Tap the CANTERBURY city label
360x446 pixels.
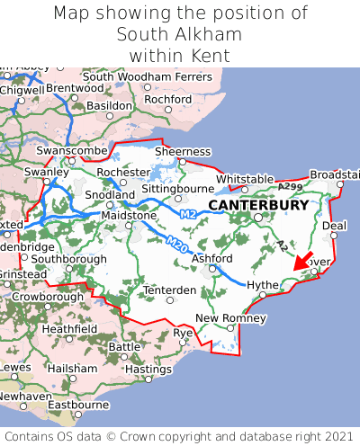(x=258, y=205)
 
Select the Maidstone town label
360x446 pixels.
(x=130, y=216)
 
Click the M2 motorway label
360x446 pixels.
(x=188, y=214)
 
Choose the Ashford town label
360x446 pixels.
(x=212, y=259)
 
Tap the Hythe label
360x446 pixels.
(x=263, y=284)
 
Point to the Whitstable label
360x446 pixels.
(x=244, y=179)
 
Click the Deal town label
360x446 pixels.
(x=334, y=226)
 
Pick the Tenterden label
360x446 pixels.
(x=169, y=290)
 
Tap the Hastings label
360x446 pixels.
(x=148, y=369)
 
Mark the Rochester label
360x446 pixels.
(x=123, y=172)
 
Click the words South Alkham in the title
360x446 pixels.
(x=180, y=34)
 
